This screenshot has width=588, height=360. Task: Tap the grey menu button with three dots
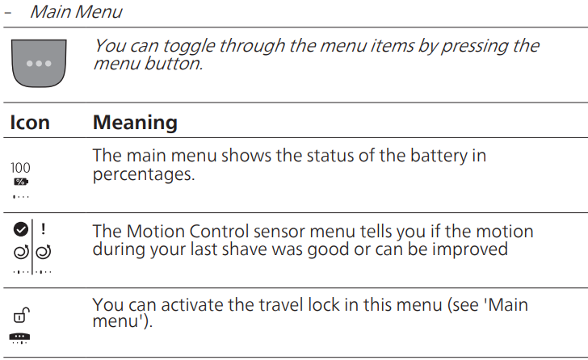coord(39,61)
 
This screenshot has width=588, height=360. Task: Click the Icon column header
coord(30,123)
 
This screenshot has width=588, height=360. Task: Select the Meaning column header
coord(135,123)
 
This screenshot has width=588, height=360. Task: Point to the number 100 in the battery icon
coord(20,168)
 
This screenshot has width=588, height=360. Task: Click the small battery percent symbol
coord(20,182)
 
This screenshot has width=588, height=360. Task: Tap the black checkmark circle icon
coord(20,228)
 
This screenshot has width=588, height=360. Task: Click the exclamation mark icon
coord(43,228)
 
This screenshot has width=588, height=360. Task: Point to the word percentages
coord(144,174)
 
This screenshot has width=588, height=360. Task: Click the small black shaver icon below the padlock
coord(20,337)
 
